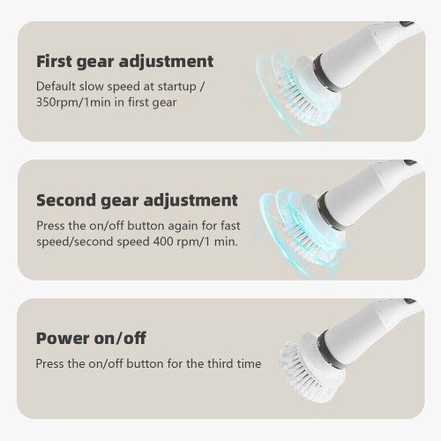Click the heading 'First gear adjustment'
click(x=125, y=63)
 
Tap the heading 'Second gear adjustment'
click(x=137, y=201)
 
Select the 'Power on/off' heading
click(x=91, y=338)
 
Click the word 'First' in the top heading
click(x=54, y=61)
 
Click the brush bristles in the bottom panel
click(x=303, y=373)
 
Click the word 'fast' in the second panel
click(x=230, y=226)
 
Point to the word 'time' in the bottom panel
click(x=250, y=363)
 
